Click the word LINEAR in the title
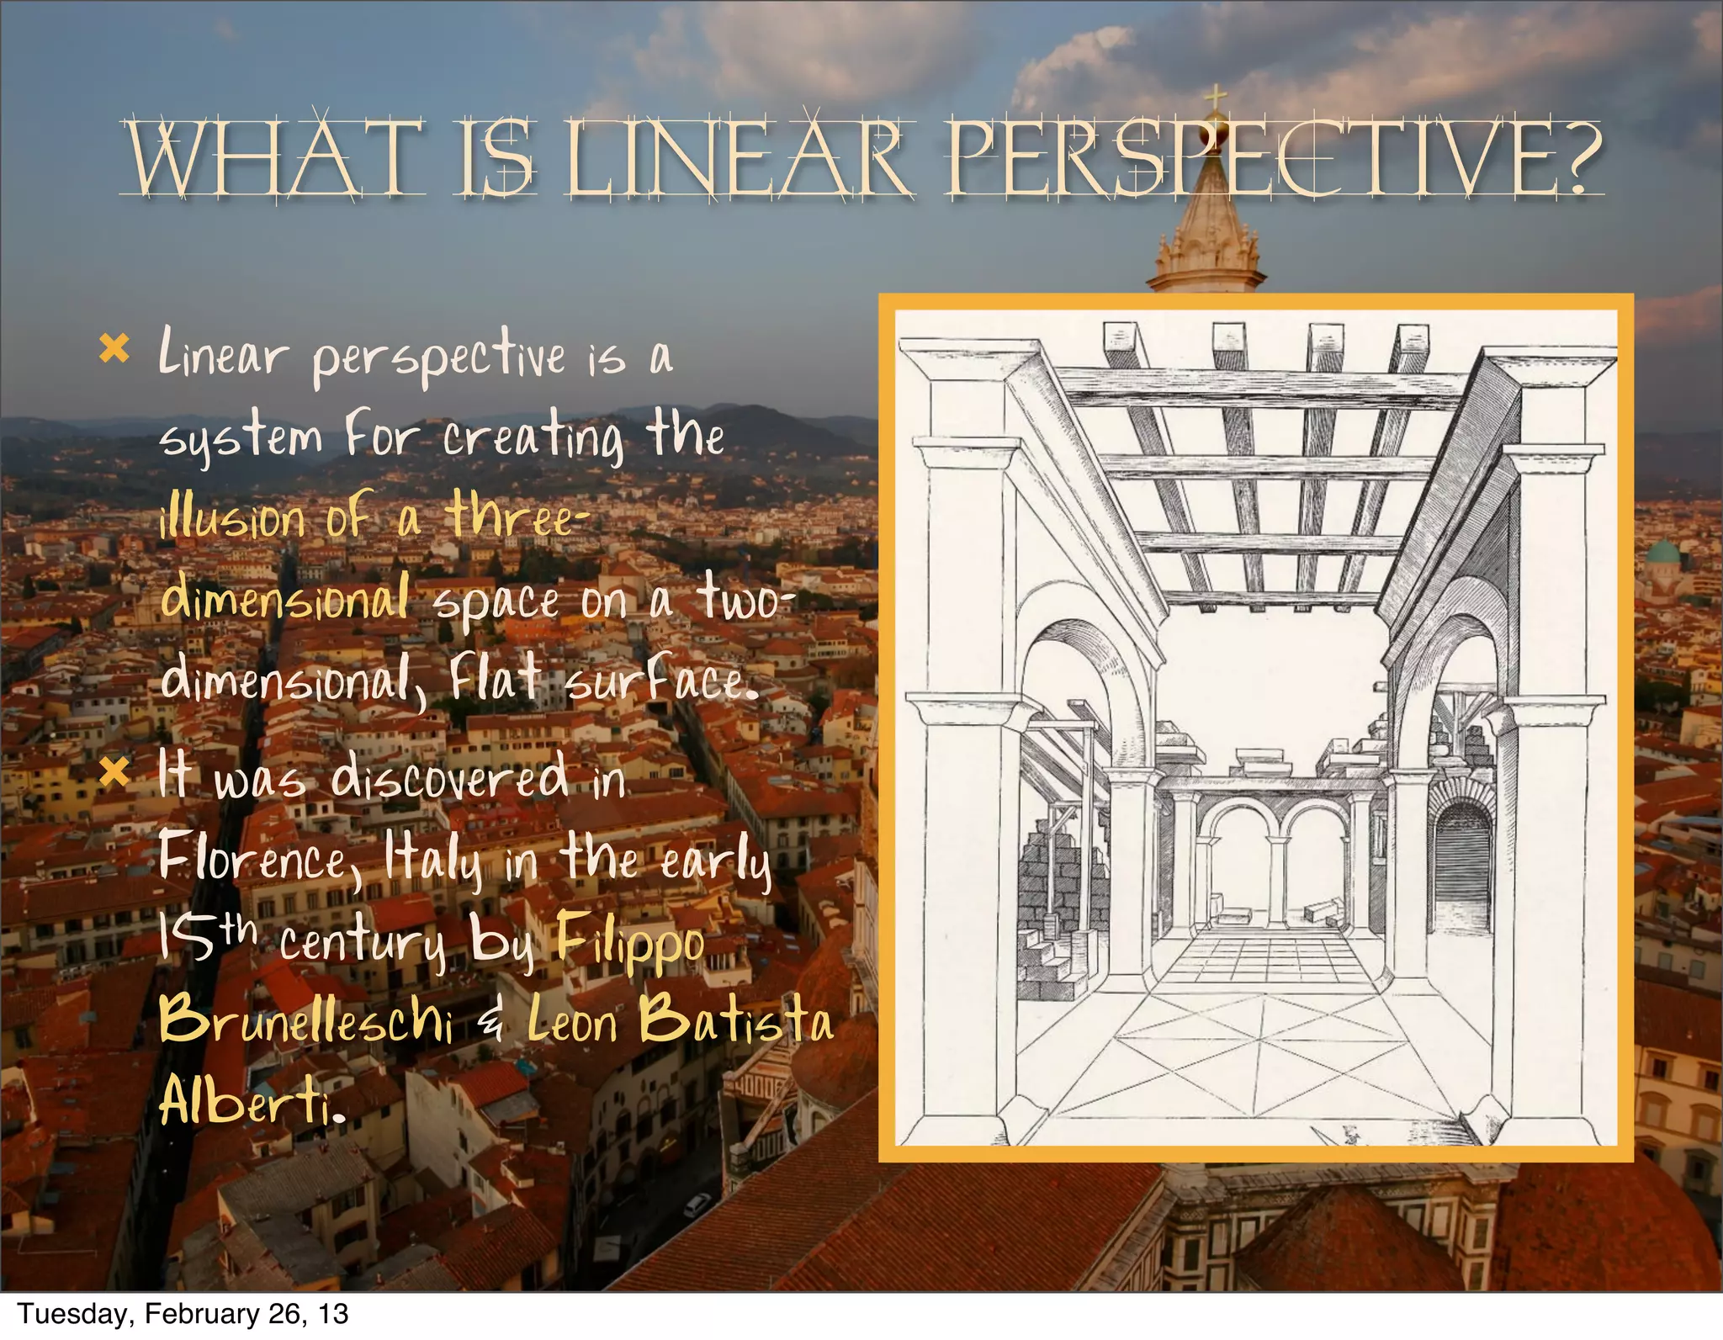pos(738,158)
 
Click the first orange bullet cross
pos(114,348)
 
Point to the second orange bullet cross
pos(114,772)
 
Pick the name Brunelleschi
pos(306,1021)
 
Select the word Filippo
pos(629,942)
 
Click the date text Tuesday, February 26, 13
pos(182,1314)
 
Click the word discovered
pos(449,777)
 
